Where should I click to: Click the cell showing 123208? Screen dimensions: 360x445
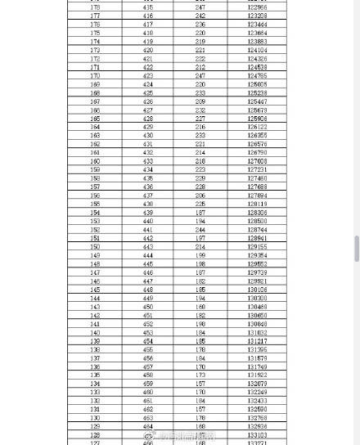coord(257,16)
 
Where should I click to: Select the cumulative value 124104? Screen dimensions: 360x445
coord(257,50)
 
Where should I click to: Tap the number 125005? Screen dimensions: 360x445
coord(257,84)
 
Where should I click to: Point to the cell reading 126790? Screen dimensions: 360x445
coord(257,153)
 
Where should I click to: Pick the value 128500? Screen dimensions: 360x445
coord(257,221)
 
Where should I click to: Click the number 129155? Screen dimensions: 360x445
coord(257,247)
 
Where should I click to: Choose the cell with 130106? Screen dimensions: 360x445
coord(257,290)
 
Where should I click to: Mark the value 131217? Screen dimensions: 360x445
coord(257,341)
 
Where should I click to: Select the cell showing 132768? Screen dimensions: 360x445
coord(257,418)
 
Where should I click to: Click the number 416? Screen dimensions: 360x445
coord(147,16)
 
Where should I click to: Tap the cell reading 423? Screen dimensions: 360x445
coord(147,76)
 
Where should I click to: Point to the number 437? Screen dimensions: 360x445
coord(147,196)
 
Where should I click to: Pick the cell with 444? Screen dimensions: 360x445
coord(147,255)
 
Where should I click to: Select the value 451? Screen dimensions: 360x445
coord(147,315)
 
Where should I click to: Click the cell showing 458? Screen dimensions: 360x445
coord(147,375)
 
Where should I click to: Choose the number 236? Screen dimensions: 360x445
coord(200,25)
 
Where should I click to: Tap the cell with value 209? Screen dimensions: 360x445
coord(200,101)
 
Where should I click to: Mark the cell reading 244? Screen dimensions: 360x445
coord(200,230)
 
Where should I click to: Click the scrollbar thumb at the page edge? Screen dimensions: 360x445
coord(356,248)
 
